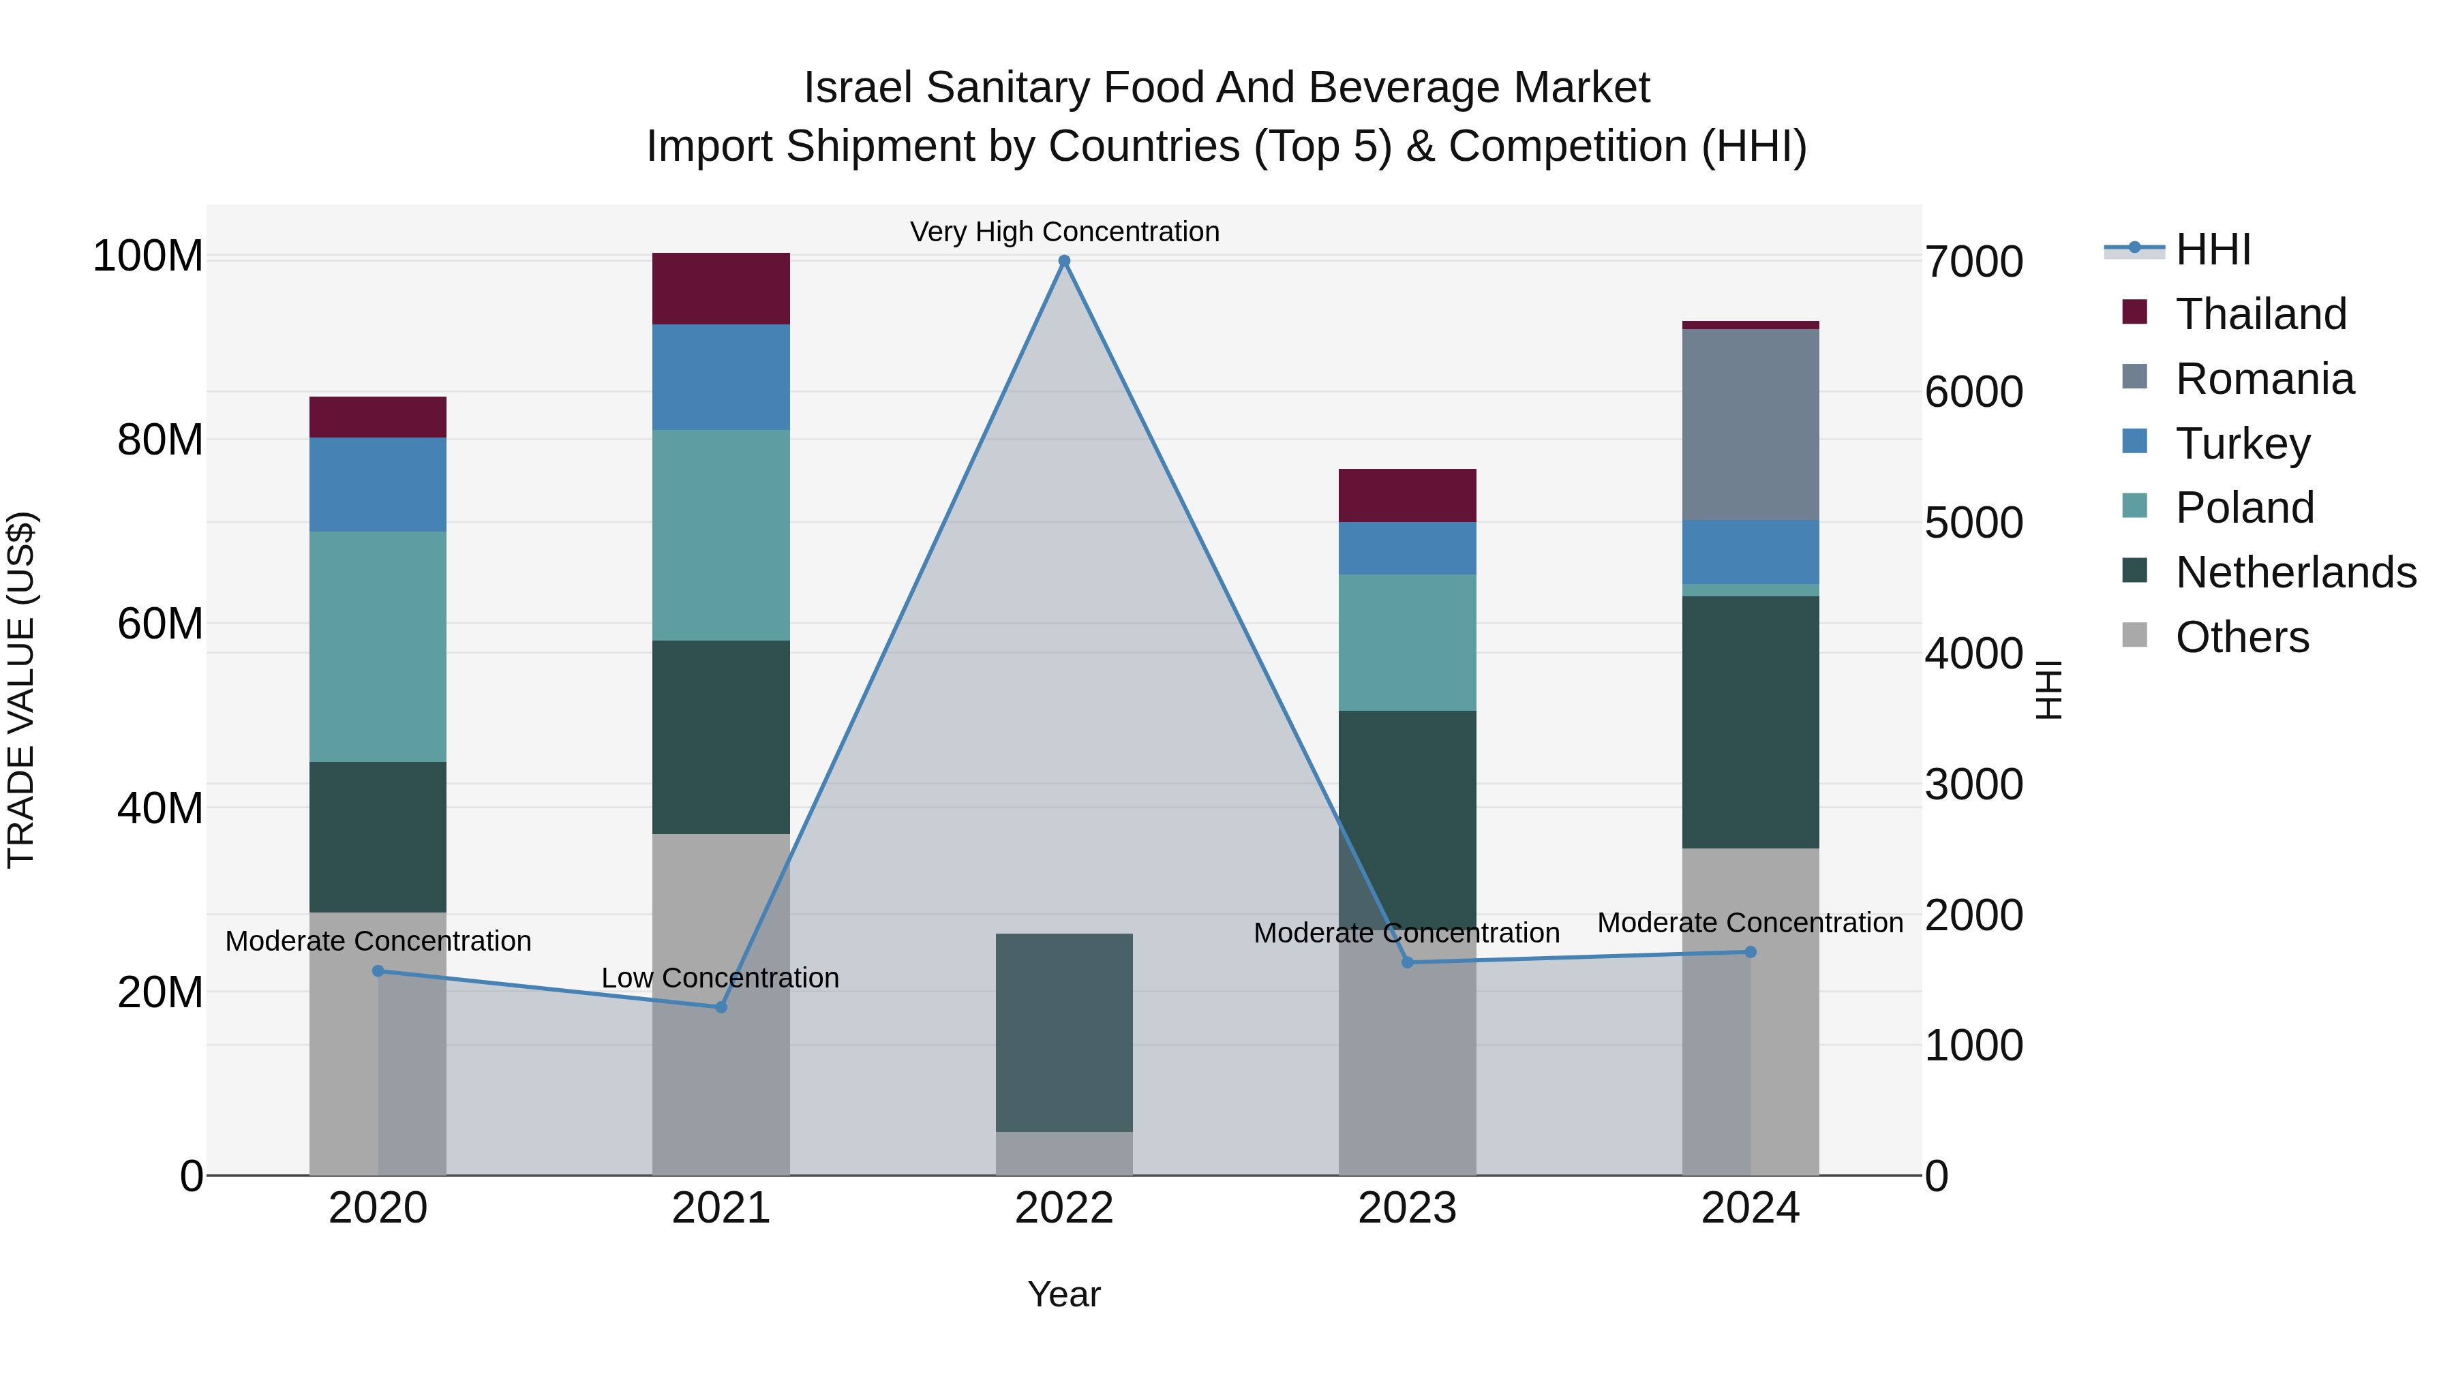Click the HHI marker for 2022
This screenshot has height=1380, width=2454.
pyautogui.click(x=1064, y=261)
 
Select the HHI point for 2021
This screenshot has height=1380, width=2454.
pyautogui.click(x=721, y=1007)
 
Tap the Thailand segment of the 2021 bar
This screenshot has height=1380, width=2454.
pyautogui.click(x=721, y=288)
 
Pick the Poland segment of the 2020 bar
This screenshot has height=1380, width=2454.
pyautogui.click(x=378, y=646)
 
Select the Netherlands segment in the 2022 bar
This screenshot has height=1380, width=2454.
pyautogui.click(x=1064, y=1032)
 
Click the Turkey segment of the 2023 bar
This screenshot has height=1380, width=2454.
pyautogui.click(x=1407, y=548)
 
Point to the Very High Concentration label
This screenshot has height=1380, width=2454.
pyautogui.click(x=1064, y=232)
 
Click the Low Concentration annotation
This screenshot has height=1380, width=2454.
pyautogui.click(x=721, y=978)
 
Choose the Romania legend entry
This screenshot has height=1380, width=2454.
pyautogui.click(x=2263, y=379)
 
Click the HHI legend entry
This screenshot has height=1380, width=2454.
pyautogui.click(x=2212, y=249)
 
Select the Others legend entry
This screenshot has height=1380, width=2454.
pyautogui.click(x=2241, y=637)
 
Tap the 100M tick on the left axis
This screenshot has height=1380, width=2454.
pyautogui.click(x=148, y=256)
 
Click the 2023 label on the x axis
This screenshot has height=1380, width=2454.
pyautogui.click(x=1407, y=1208)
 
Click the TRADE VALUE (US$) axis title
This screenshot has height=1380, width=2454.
pyautogui.click(x=21, y=690)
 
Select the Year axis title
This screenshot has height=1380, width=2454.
pyautogui.click(x=1064, y=1294)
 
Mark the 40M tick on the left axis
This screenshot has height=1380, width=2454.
pyautogui.click(x=160, y=808)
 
